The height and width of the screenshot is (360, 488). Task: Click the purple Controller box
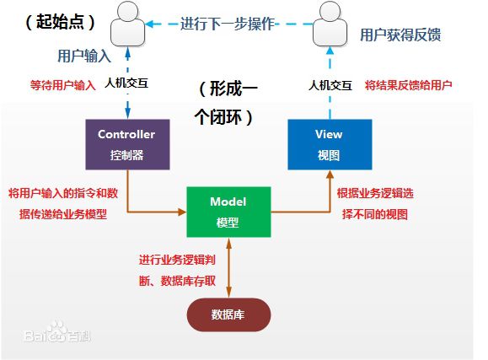pos(126,144)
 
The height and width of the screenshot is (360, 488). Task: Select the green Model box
pos(228,212)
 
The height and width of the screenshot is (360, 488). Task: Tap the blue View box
pos(329,144)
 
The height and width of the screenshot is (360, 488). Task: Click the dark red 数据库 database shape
pos(228,314)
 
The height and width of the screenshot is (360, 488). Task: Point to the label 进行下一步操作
pos(228,24)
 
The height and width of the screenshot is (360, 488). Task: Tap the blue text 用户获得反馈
pos(400,35)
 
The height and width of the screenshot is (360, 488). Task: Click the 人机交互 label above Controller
pos(128,84)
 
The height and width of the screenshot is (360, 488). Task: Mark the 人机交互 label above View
pos(330,84)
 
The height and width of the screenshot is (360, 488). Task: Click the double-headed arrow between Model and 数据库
pos(228,266)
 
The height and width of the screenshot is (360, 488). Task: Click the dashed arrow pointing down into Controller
pos(127,105)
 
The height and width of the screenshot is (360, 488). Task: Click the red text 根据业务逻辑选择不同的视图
pos(375,203)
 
